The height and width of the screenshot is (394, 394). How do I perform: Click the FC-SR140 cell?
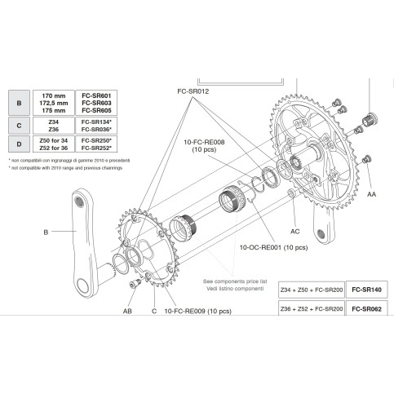365,290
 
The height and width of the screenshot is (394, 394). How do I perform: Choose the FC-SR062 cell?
365,309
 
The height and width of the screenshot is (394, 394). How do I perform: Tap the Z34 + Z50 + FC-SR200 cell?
308,290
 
